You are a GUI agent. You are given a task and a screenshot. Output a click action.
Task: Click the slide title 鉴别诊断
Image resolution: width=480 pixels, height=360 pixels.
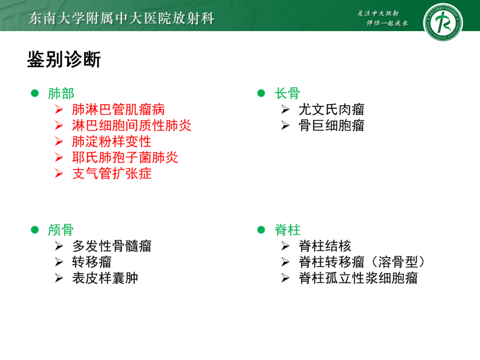pos(64,60)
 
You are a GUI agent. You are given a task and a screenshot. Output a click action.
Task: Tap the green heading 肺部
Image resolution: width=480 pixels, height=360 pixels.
pos(61,93)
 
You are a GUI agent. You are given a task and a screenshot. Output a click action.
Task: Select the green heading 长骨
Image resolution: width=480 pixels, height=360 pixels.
pos(287,93)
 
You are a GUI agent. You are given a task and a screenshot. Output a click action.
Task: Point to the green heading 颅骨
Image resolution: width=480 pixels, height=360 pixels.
pos(61,230)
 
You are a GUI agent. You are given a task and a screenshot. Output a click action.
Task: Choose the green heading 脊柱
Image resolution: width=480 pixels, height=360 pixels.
pos(287,230)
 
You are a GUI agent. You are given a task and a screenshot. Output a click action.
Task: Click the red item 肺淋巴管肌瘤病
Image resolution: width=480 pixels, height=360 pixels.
pos(118,109)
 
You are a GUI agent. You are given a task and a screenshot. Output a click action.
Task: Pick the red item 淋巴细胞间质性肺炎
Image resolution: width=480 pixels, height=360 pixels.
pos(132,125)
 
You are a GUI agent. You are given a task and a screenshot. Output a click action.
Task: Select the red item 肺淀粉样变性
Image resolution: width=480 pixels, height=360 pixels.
pos(112,141)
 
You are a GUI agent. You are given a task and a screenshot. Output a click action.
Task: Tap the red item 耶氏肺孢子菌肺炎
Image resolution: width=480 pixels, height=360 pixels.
pos(125,157)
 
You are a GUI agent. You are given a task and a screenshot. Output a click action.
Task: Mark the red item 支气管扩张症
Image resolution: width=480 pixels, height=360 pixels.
pos(112,173)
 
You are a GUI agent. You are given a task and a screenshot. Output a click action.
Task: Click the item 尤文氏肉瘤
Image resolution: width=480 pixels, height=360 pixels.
pos(331,109)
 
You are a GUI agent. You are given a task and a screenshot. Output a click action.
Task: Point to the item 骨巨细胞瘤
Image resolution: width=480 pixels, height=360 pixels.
pos(331,125)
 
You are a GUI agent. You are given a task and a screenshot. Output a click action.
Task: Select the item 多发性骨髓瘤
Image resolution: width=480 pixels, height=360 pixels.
pos(112,246)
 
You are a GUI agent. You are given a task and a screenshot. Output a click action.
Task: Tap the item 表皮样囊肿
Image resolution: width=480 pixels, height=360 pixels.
pos(105,278)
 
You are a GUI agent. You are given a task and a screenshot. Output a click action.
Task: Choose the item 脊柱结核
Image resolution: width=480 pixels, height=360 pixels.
pos(325,246)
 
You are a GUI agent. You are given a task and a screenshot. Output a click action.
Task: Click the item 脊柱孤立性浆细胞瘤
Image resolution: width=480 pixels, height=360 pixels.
pos(358,278)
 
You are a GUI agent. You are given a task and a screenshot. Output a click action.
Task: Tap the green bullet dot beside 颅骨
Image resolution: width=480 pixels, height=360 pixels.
pos(35,230)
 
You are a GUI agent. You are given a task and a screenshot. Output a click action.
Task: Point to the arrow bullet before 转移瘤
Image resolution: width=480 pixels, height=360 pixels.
pos(59,262)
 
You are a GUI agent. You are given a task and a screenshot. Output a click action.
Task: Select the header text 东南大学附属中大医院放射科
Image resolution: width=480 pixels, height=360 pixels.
pos(121,18)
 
